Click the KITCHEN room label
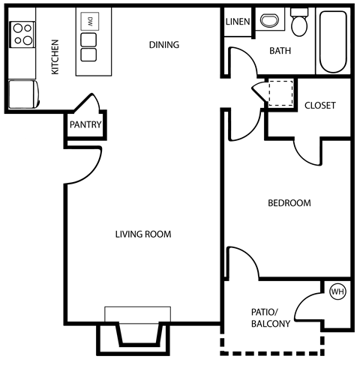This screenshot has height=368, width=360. (55, 58)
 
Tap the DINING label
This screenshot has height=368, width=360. (163, 45)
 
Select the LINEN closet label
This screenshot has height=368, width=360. (238, 21)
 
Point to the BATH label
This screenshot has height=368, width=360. (280, 51)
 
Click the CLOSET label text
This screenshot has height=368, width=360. (319, 106)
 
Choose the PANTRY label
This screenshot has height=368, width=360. (85, 125)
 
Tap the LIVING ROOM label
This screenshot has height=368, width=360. (142, 235)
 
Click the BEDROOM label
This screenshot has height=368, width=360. (289, 203)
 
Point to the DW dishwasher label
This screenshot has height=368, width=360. (90, 20)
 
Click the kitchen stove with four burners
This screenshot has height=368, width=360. (22, 33)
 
